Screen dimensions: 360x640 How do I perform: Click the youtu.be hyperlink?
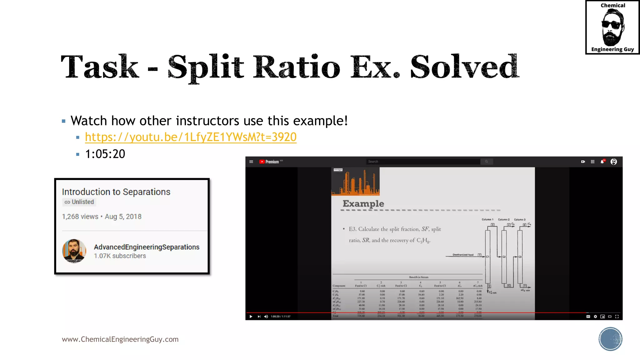[191, 137]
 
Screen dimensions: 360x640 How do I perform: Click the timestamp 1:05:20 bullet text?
[105, 154]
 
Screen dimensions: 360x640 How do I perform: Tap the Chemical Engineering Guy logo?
[612, 27]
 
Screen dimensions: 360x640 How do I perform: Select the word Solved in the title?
[464, 67]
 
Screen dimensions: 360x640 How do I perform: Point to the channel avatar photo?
[74, 251]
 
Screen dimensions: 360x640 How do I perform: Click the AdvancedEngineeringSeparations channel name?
[147, 247]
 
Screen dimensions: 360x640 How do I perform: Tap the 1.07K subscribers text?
[120, 256]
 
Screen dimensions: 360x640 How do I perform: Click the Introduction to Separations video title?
[116, 192]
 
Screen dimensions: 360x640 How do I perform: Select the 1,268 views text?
[80, 217]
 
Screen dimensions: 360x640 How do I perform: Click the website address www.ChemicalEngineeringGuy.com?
[120, 339]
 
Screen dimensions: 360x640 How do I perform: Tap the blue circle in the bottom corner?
[610, 339]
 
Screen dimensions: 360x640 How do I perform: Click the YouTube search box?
[423, 162]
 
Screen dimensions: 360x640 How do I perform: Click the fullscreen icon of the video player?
[617, 317]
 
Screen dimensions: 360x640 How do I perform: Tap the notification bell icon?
[602, 162]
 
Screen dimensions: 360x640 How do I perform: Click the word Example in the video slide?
[363, 204]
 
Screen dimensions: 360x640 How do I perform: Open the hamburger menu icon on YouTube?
[251, 162]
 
